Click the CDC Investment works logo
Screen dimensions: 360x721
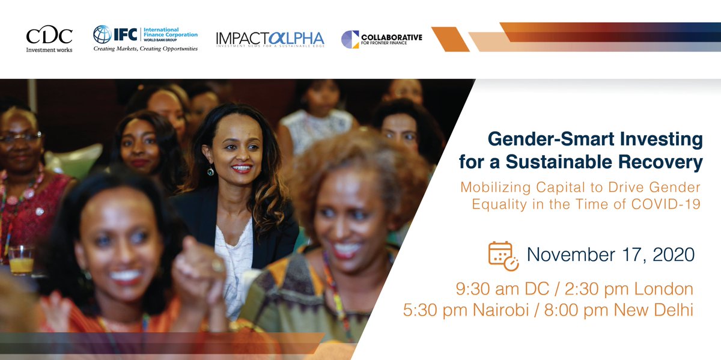(49, 40)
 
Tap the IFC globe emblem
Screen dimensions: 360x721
(102, 34)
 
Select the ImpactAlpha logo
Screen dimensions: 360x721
(270, 39)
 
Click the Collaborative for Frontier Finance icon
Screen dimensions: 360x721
(350, 39)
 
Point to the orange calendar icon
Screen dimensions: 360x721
(503, 255)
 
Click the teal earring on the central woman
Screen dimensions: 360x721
(211, 172)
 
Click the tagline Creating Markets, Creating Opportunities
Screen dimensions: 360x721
(145, 49)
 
